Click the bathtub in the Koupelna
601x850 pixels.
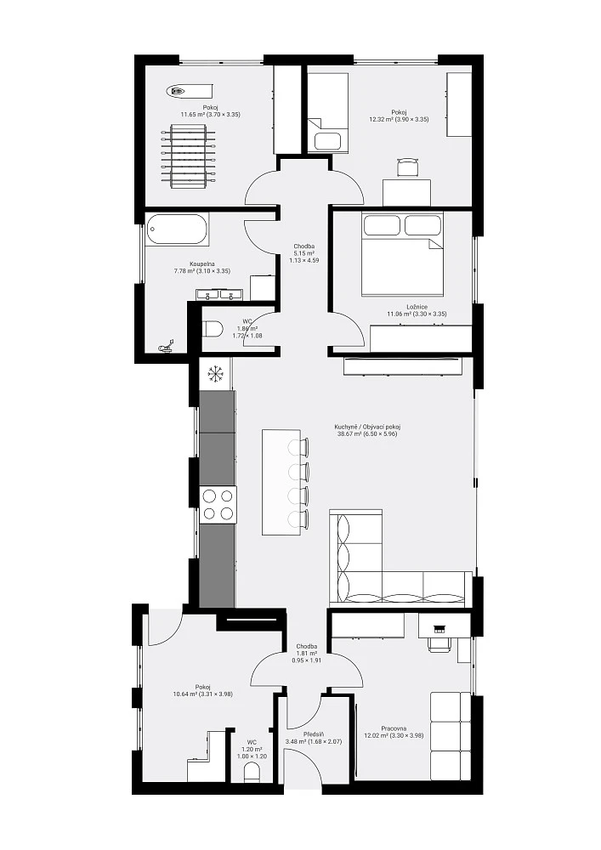point(177,229)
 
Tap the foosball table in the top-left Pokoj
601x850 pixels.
point(188,156)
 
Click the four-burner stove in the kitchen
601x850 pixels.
point(218,505)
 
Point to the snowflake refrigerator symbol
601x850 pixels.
point(216,374)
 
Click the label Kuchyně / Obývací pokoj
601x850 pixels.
point(367,427)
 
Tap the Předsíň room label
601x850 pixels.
point(314,734)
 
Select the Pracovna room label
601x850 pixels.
point(394,728)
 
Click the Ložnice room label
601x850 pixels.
point(417,307)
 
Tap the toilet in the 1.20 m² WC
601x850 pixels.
point(252,773)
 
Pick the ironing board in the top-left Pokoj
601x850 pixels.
point(190,92)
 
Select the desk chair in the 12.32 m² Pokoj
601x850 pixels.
point(409,167)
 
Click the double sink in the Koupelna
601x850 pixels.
point(219,294)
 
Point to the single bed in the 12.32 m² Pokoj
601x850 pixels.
point(328,113)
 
